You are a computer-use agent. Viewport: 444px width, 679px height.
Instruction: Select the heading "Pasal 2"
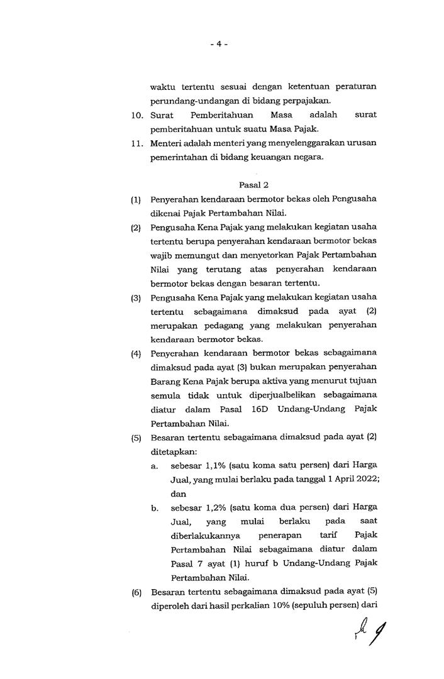[x=253, y=185]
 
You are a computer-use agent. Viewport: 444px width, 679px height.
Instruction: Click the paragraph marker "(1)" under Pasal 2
[x=135, y=199]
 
